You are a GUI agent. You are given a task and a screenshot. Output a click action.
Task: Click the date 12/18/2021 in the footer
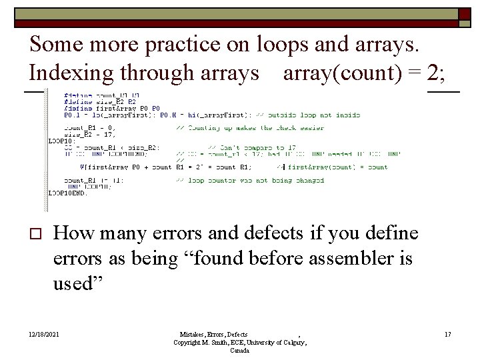coord(43,334)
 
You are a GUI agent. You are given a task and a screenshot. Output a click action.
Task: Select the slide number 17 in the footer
coord(447,334)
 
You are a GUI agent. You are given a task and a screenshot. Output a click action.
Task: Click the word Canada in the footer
coord(240,350)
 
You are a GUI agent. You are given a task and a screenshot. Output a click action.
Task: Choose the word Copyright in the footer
coord(188,342)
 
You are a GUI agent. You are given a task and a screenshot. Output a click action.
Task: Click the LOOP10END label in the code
coord(67,193)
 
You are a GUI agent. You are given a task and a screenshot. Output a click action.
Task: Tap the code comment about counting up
coord(249,127)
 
